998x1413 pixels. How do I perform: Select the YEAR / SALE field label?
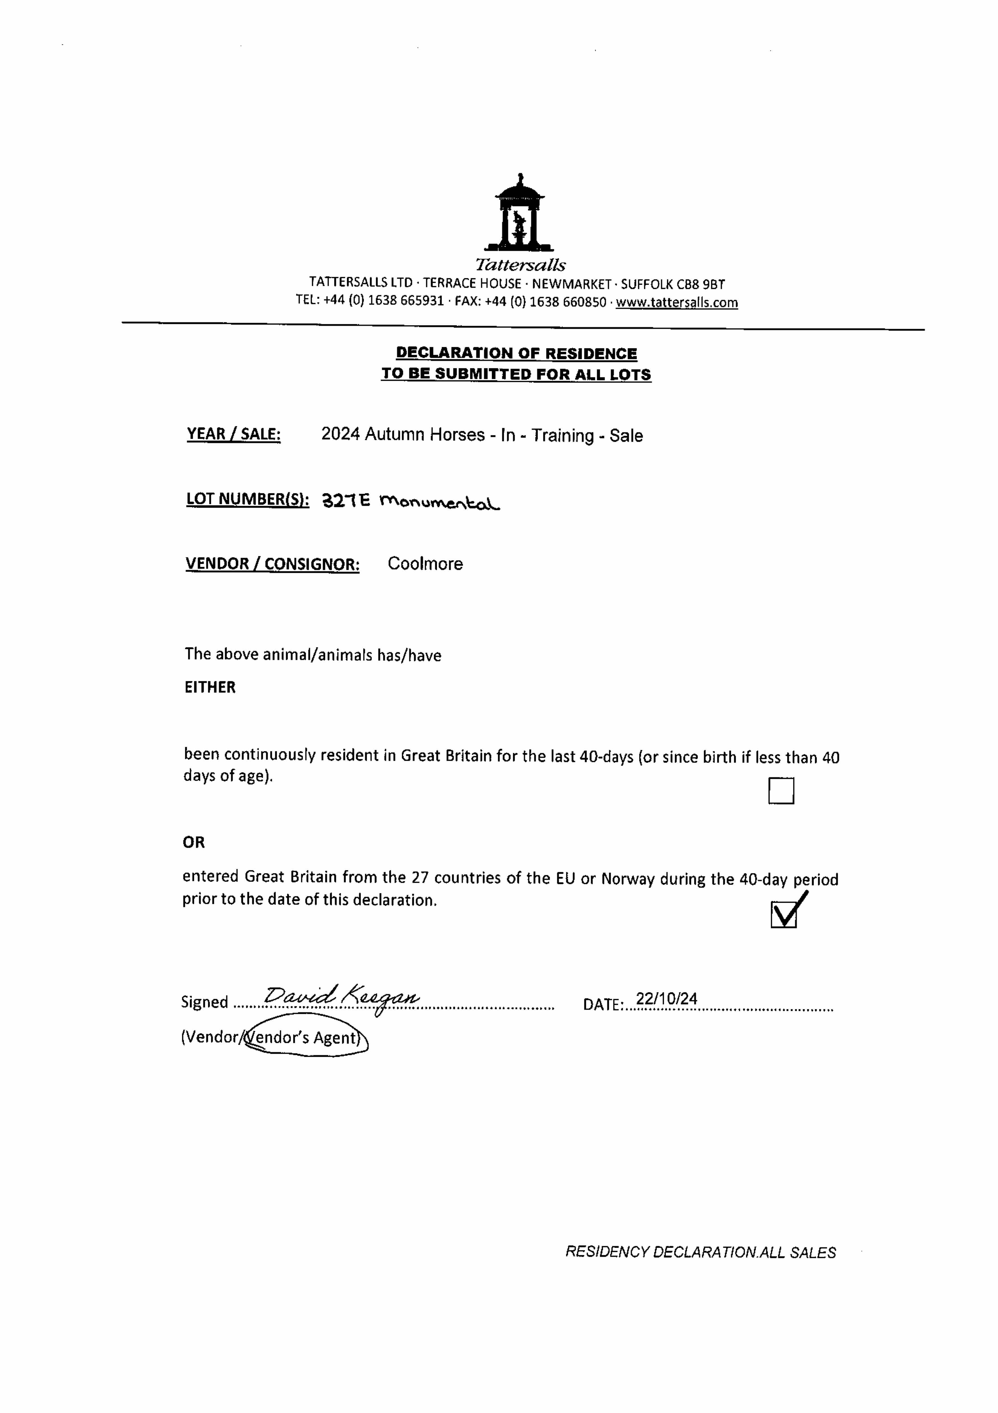pos(234,434)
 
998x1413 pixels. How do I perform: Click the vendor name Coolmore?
pos(425,564)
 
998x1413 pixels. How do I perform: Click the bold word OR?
pos(194,842)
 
